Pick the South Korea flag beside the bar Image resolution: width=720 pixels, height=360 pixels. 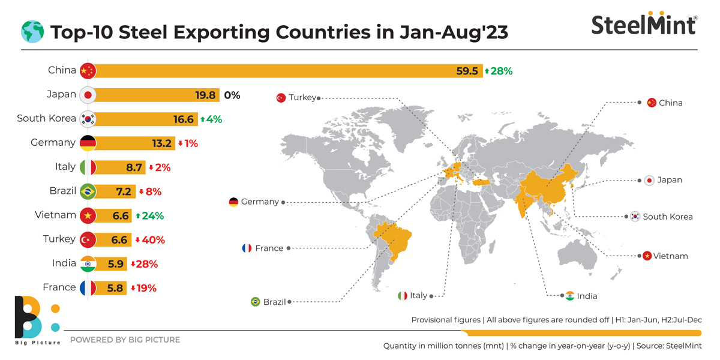[x=88, y=119]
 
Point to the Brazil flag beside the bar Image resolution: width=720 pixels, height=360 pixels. [x=88, y=191]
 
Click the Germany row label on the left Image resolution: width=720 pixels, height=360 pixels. [x=53, y=143]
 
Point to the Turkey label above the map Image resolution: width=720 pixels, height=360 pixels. [x=301, y=97]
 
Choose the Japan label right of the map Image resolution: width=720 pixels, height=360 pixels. [x=669, y=180]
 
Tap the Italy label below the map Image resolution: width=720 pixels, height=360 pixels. [x=418, y=295]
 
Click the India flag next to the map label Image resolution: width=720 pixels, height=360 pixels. [x=569, y=296]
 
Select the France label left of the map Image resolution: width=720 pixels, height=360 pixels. [x=269, y=248]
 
